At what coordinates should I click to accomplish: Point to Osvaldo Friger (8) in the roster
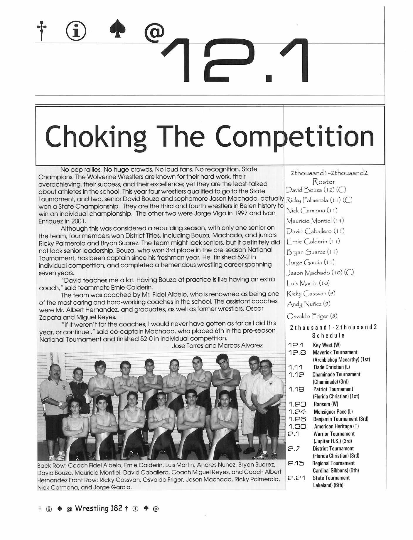click(312, 316)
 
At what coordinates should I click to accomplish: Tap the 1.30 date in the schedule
click(297, 426)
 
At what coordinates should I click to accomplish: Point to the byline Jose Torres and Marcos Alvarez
click(217, 346)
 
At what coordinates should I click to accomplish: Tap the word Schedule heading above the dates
click(328, 335)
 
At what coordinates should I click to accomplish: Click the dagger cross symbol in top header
click(42, 31)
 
